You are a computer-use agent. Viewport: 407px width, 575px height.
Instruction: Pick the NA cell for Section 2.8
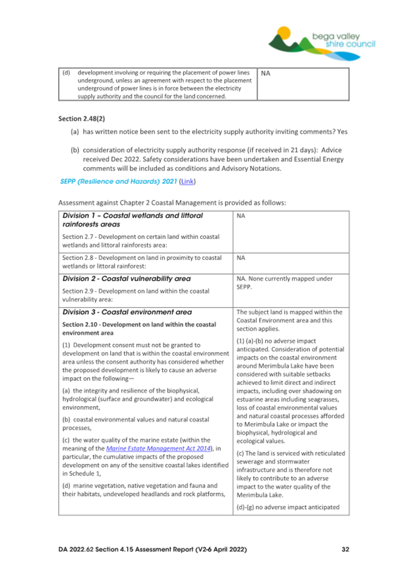[241, 256]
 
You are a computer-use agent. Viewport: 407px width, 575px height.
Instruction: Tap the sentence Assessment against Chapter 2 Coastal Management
[172, 202]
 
